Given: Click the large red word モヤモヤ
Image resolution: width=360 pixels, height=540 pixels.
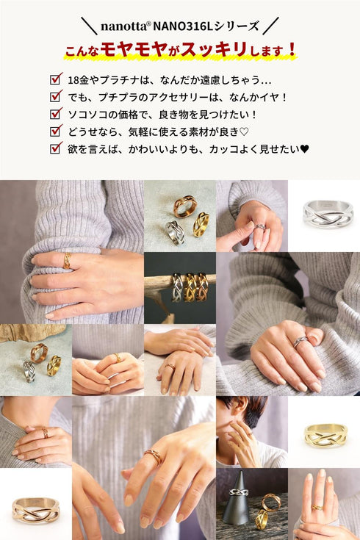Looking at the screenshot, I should click(x=130, y=50).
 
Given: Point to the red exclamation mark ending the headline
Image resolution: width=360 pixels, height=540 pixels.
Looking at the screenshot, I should click(x=292, y=50).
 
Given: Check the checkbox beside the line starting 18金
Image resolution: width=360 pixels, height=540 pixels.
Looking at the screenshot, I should click(x=55, y=79).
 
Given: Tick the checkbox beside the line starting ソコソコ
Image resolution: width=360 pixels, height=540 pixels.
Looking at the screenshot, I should click(x=55, y=114).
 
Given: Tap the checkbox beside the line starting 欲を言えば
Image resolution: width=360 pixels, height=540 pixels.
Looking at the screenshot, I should click(x=55, y=148).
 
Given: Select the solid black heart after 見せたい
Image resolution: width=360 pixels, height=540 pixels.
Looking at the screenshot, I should click(x=304, y=148).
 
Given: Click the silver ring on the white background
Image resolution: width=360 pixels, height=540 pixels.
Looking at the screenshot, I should click(x=324, y=215).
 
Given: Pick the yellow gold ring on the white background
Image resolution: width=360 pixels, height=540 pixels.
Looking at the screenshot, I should click(x=324, y=434).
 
